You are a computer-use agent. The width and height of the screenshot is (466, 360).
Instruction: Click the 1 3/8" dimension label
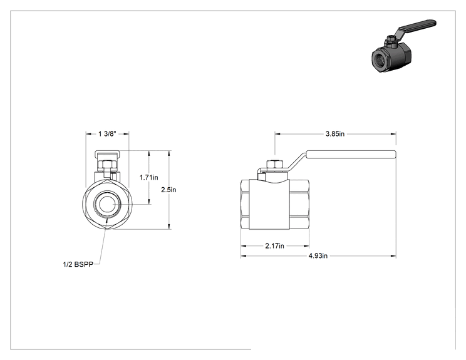(107, 133)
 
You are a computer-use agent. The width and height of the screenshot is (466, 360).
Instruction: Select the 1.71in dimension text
(149, 177)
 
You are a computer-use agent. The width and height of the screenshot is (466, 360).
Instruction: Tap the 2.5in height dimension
(168, 190)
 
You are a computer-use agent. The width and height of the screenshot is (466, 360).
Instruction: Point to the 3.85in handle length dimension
(335, 133)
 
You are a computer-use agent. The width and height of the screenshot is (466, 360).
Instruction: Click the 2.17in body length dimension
(274, 246)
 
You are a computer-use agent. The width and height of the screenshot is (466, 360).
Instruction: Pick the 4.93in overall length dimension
(318, 255)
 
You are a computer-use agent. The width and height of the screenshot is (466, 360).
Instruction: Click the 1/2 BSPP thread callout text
(78, 264)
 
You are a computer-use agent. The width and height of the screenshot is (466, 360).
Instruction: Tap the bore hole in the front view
(107, 204)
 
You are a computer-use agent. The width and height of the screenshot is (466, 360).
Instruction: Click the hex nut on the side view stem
(274, 165)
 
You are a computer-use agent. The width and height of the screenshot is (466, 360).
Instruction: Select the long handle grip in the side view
(351, 155)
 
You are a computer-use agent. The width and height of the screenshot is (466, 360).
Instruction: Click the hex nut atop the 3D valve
(391, 38)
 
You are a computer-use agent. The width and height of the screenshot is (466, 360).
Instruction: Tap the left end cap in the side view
(245, 204)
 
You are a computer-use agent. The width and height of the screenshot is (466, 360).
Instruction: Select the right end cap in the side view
(299, 204)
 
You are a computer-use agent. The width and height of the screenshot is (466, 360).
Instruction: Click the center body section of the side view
(269, 204)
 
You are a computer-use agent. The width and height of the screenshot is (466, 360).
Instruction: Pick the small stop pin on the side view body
(262, 177)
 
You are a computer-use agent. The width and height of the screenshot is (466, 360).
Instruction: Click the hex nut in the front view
(107, 165)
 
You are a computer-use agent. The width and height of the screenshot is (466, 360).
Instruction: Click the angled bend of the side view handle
(296, 163)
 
